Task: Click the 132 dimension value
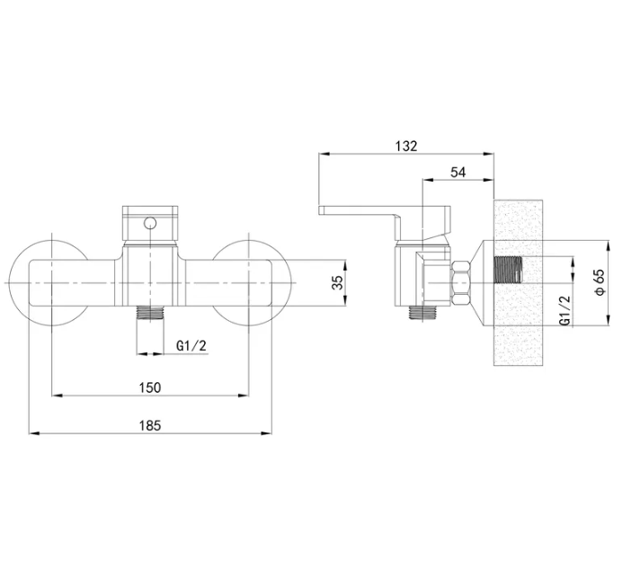coord(406,146)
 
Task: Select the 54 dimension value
coord(458,173)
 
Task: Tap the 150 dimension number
coord(150,387)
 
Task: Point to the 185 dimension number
coord(150,426)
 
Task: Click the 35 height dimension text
coord(338,282)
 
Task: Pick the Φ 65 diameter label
coord(600,282)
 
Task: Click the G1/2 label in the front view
coord(191,346)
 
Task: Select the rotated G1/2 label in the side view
coord(564,311)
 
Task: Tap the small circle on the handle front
coord(150,224)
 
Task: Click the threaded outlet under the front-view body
coord(149,313)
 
